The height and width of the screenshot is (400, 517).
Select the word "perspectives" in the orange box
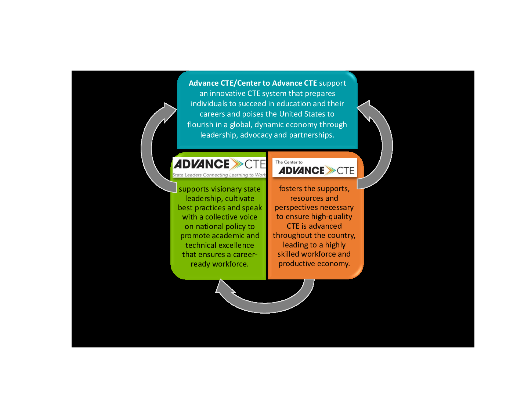coord(294,207)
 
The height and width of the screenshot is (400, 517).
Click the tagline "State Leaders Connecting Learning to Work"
coord(219,175)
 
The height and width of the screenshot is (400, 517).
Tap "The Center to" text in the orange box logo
coord(289,162)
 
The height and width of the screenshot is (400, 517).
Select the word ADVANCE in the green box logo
coord(202,164)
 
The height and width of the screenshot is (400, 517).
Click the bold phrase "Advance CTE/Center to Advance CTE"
coord(253,83)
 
